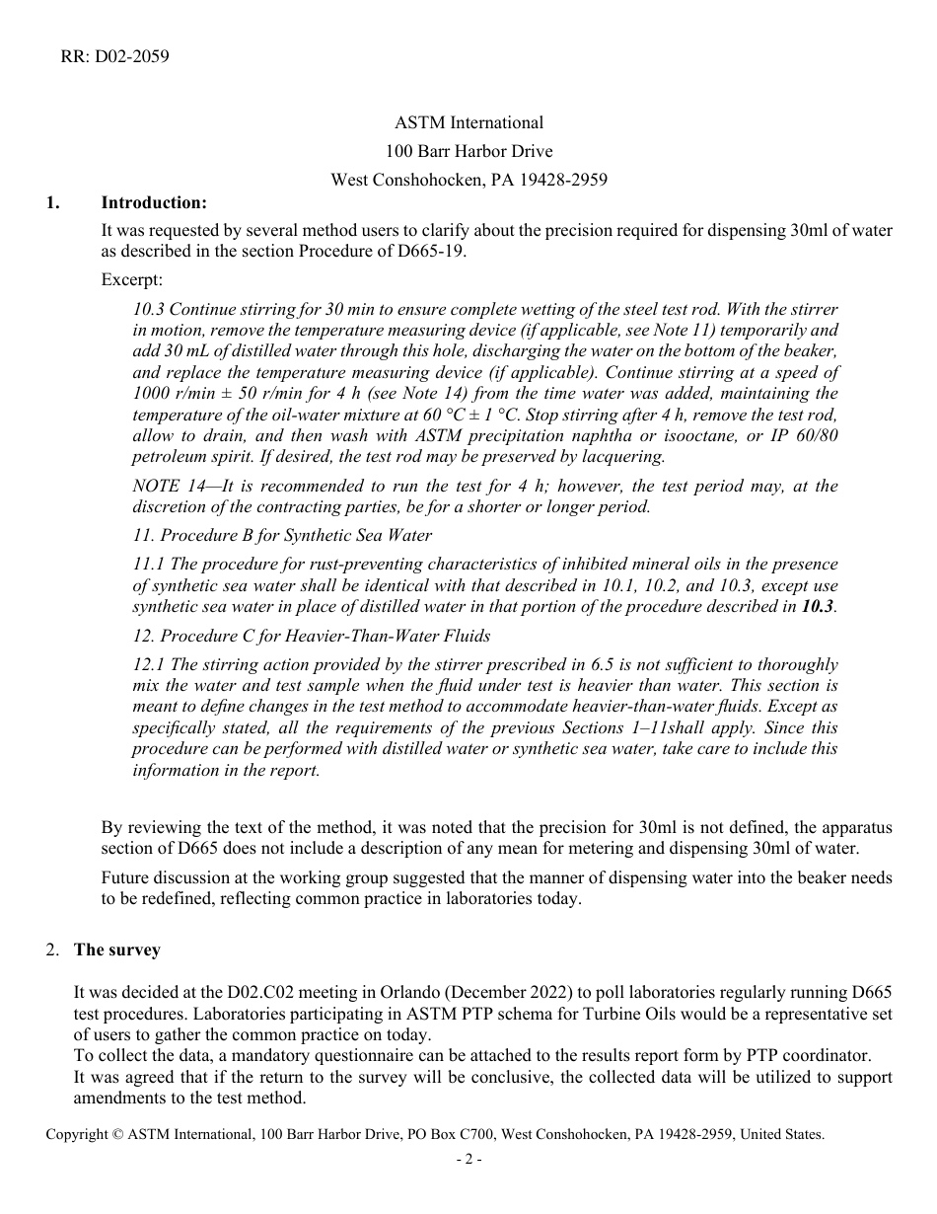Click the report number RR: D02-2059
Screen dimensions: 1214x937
[x=115, y=56]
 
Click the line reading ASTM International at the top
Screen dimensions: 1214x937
[x=468, y=123]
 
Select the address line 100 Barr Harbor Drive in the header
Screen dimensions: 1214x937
[x=468, y=151]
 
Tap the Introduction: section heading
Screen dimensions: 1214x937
[x=154, y=202]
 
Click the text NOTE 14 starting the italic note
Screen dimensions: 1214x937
[x=169, y=486]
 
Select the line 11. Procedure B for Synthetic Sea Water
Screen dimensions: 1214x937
[x=282, y=535]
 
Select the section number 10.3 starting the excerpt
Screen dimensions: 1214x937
[x=149, y=309]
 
